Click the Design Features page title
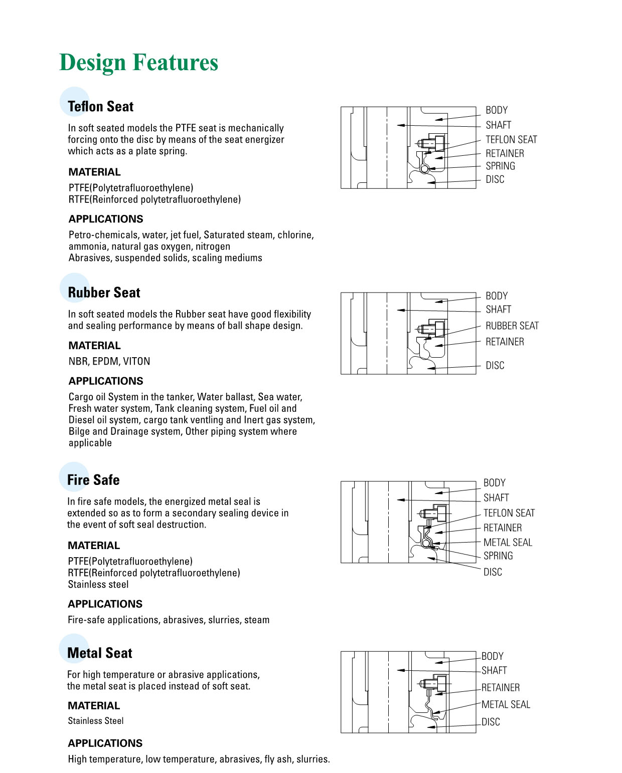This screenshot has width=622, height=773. point(138,63)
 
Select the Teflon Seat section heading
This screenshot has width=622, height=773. point(100,107)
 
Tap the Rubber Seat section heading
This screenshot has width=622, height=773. point(104,293)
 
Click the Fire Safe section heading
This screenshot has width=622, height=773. point(93,480)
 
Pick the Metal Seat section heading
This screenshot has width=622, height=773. point(99,653)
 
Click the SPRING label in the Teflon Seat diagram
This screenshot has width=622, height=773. point(500,166)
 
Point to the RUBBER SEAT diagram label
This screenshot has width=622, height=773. point(512,326)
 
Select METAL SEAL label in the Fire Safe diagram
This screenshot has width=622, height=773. point(508,542)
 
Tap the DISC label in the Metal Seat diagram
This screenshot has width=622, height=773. point(491,722)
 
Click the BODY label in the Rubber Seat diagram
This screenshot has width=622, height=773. point(497,296)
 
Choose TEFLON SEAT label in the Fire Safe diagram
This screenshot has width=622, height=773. point(509,513)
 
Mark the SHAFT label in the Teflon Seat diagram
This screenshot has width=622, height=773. point(498,125)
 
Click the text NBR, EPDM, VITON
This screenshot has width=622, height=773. point(109,361)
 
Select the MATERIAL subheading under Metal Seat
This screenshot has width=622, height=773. point(94,705)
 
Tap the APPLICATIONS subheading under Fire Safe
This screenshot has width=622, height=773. point(105,604)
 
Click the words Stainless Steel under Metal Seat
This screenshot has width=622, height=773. point(96,721)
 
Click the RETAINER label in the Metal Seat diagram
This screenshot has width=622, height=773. point(500,687)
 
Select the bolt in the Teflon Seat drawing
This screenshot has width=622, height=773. point(432,143)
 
